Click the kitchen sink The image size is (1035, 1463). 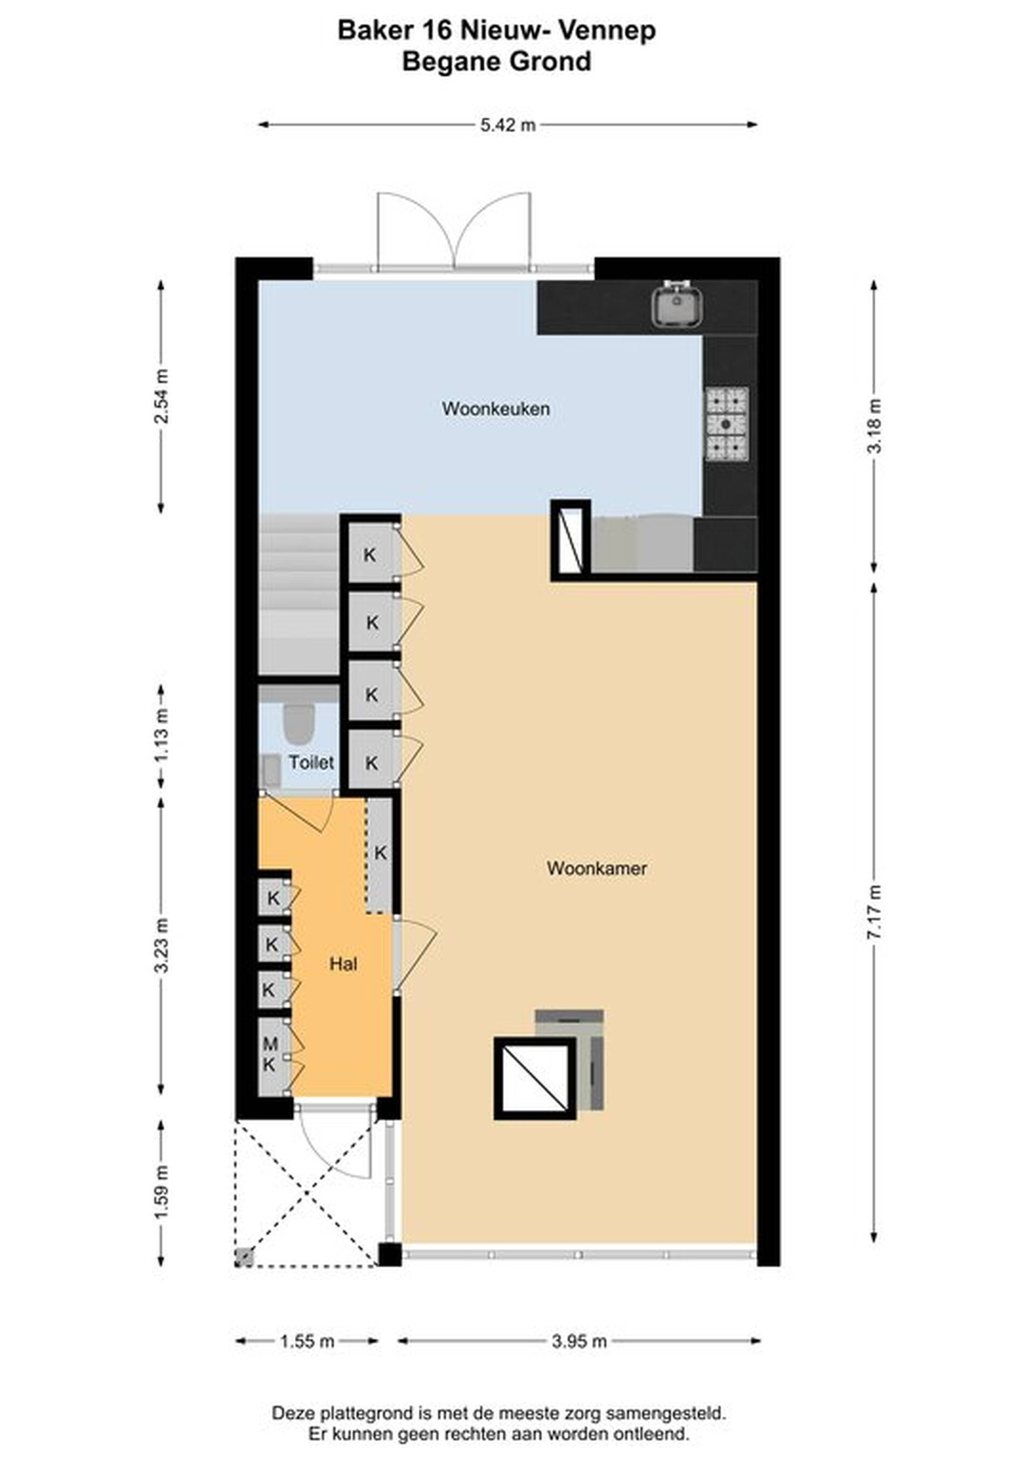[677, 303]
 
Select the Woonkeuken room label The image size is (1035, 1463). [496, 408]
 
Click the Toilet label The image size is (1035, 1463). [311, 762]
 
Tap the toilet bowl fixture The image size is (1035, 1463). [298, 723]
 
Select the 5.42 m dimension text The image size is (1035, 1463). [508, 125]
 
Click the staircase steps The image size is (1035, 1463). [298, 594]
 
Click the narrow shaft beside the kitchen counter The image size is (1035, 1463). [570, 540]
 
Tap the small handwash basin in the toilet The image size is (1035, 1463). [270, 769]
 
